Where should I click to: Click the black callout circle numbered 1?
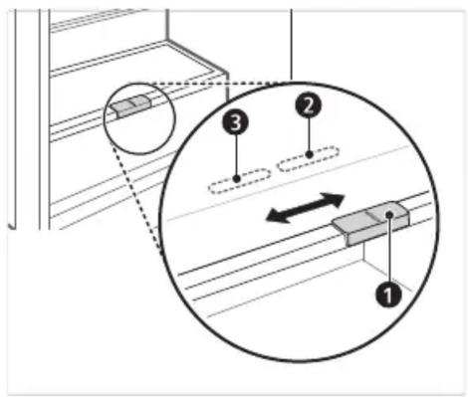tap(388, 294)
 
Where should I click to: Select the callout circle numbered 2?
tap(309, 105)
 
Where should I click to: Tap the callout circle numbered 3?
tap(236, 123)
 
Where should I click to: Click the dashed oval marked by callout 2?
tap(309, 158)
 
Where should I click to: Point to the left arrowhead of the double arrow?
tap(276, 217)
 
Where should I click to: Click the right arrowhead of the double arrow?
tap(334, 199)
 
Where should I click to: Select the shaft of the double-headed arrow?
tap(305, 208)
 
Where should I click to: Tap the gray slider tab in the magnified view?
tap(370, 223)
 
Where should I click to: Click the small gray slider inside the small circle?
tap(130, 106)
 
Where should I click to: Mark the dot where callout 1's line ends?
tap(390, 215)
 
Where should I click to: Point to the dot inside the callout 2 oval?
tap(310, 154)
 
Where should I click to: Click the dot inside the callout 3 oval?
tap(236, 179)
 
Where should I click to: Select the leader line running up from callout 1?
tap(389, 250)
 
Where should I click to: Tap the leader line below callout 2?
tap(309, 135)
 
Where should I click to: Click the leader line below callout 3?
tap(236, 156)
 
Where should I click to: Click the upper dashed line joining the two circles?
tap(210, 83)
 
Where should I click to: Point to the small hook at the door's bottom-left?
tap(12, 226)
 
